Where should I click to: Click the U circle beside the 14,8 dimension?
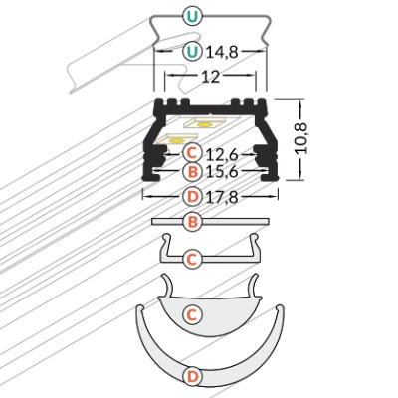tap(192, 52)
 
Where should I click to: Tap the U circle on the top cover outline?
tap(192, 16)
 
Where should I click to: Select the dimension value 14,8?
tap(222, 52)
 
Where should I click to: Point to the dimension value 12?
tap(211, 77)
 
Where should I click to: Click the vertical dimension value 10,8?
tap(301, 138)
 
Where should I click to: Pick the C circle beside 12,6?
tap(192, 153)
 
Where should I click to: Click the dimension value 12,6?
tap(222, 154)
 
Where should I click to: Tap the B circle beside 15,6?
tap(192, 171)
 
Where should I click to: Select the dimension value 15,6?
tap(222, 172)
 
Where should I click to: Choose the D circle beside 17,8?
tap(192, 197)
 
